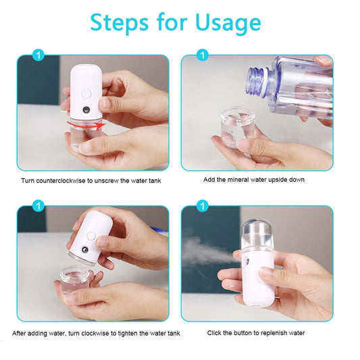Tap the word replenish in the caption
(275, 333)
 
